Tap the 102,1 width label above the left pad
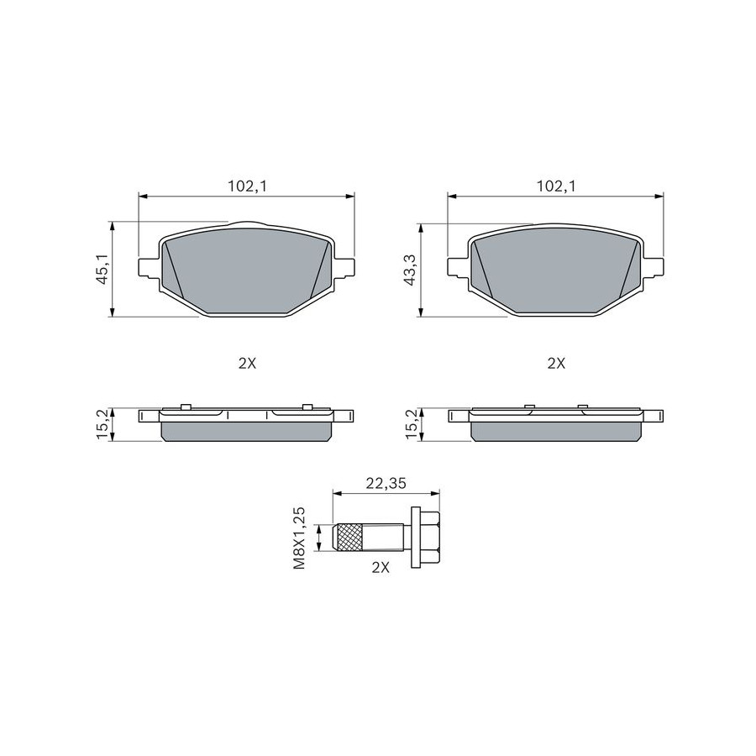click(247, 186)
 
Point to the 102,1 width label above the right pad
click(556, 186)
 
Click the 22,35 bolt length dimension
click(386, 483)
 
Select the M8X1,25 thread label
click(300, 538)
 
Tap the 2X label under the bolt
click(381, 568)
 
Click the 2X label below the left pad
click(247, 364)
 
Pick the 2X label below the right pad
click(556, 364)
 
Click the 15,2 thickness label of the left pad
click(104, 425)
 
